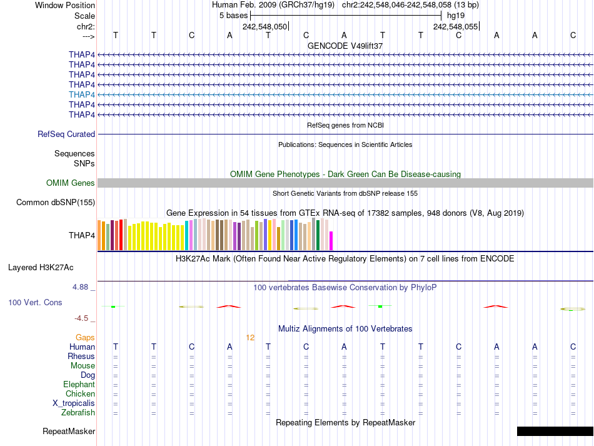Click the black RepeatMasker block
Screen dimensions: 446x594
555,431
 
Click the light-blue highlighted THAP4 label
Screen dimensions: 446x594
82,94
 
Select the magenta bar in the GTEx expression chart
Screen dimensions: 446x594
331,241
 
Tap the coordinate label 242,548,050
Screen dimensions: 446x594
264,27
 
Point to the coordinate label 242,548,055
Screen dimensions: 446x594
455,27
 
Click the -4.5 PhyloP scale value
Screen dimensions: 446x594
84,318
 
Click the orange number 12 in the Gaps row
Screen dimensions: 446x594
250,338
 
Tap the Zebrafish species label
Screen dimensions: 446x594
78,413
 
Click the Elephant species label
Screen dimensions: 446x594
79,385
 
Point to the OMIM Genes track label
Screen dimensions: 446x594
71,183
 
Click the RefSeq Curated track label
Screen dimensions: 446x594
66,134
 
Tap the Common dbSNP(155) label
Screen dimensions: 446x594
56,203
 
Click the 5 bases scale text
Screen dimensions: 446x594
233,15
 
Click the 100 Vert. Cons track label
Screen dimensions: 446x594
35,303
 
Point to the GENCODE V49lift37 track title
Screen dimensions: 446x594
345,46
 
